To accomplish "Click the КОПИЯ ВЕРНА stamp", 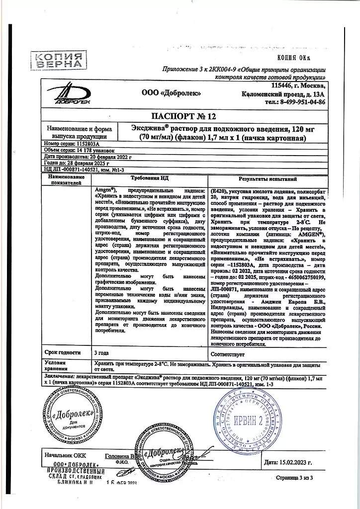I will [x=58, y=60].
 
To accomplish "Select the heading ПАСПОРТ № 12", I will [x=184, y=117].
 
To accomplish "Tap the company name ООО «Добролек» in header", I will [x=172, y=92].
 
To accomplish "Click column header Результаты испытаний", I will [x=268, y=178].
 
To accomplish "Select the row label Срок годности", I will [x=64, y=352].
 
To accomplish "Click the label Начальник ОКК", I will [x=65, y=455].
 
